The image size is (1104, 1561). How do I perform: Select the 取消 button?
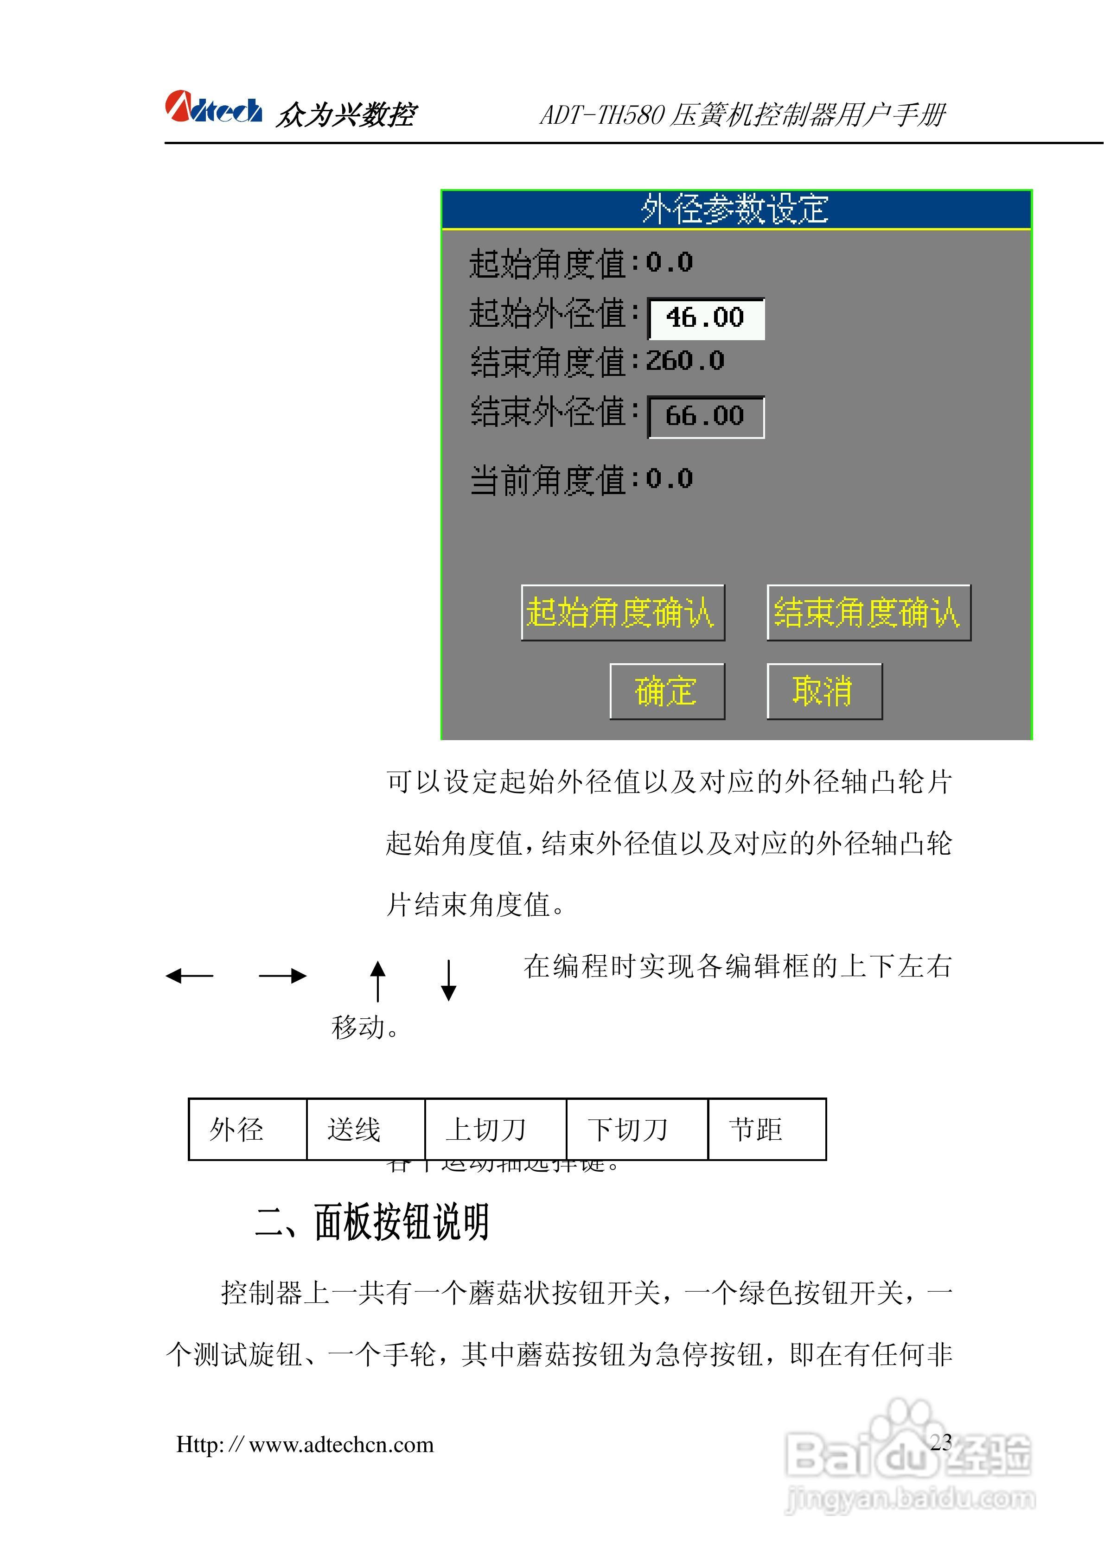tap(824, 691)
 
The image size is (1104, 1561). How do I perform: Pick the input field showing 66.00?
tap(705, 416)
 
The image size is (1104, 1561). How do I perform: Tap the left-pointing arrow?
tap(189, 976)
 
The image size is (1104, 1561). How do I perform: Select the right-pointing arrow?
tap(282, 976)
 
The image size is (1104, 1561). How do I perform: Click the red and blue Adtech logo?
tap(213, 108)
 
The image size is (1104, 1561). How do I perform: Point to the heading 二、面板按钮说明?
tap(372, 1222)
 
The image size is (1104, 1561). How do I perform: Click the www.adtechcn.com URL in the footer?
tap(305, 1444)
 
